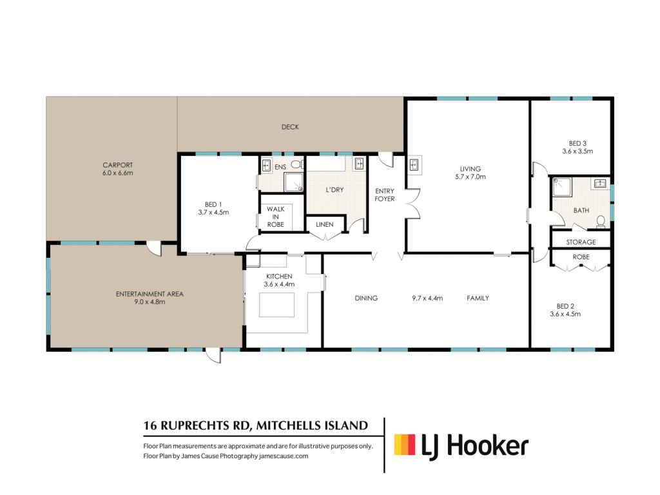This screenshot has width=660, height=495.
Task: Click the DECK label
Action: click(290, 127)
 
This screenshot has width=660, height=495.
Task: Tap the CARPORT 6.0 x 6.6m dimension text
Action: click(117, 173)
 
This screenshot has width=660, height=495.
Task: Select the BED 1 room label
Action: click(213, 204)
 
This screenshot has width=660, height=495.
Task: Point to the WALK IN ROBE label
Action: click(276, 217)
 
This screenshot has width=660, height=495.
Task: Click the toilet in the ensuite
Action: click(296, 164)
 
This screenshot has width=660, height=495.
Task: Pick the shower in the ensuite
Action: click(293, 182)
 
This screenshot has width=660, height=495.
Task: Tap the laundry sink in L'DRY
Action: click(359, 163)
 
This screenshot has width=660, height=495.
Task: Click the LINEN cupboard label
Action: click(325, 224)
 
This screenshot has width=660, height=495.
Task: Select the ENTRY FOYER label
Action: click(385, 195)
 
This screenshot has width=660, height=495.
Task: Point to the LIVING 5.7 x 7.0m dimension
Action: click(470, 177)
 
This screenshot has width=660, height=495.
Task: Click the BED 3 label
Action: click(577, 144)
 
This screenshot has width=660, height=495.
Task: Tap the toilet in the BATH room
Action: click(601, 222)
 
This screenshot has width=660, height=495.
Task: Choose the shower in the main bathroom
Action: click(562, 187)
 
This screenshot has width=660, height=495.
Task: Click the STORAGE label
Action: click(581, 242)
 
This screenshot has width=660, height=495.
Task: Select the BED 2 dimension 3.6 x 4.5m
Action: click(565, 314)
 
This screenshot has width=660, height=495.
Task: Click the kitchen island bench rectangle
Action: click(277, 305)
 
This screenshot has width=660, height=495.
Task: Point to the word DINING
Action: click(366, 298)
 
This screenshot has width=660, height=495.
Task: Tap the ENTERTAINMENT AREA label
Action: click(150, 294)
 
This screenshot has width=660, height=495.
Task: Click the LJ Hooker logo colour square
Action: click(405, 445)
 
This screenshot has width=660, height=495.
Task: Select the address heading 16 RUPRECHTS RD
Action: click(197, 425)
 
